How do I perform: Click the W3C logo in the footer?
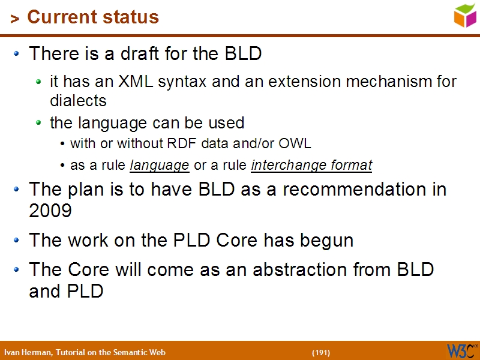(461, 350)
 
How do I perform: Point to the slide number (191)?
(321, 352)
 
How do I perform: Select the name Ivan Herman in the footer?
(27, 352)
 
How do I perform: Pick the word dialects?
(78, 100)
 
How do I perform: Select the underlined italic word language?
(160, 165)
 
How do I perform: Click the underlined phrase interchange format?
(311, 165)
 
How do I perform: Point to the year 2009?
(50, 211)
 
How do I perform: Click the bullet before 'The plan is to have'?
(17, 189)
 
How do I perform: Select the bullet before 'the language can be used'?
(39, 123)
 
